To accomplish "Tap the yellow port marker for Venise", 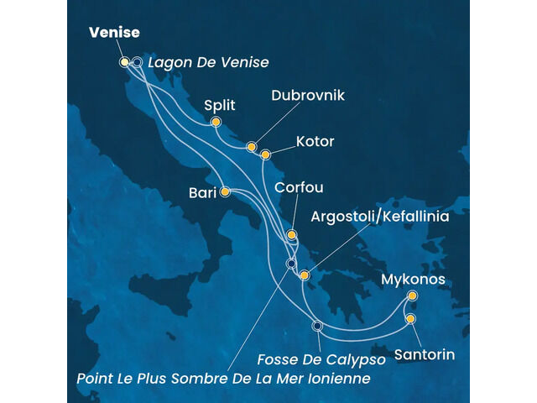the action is pyautogui.click(x=124, y=61).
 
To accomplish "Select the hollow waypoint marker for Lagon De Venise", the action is pyautogui.click(x=137, y=61).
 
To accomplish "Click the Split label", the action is pyautogui.click(x=220, y=105).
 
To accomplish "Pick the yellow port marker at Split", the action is pyautogui.click(x=216, y=123).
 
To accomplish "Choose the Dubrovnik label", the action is pyautogui.click(x=308, y=96).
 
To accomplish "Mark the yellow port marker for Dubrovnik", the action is pyautogui.click(x=251, y=147).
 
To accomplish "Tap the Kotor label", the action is pyautogui.click(x=315, y=141).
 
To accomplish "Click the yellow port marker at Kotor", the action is pyautogui.click(x=265, y=154).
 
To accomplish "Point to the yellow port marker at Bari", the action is pyautogui.click(x=225, y=192).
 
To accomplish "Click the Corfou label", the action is pyautogui.click(x=299, y=188).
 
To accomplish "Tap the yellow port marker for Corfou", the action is pyautogui.click(x=291, y=235).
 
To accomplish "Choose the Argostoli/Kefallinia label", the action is pyautogui.click(x=380, y=217).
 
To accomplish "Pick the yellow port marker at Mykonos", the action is pyautogui.click(x=412, y=296).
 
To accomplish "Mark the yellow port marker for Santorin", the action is pyautogui.click(x=410, y=318).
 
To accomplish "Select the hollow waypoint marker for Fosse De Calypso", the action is pyautogui.click(x=316, y=326).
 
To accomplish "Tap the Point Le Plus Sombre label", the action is pyautogui.click(x=223, y=379).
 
